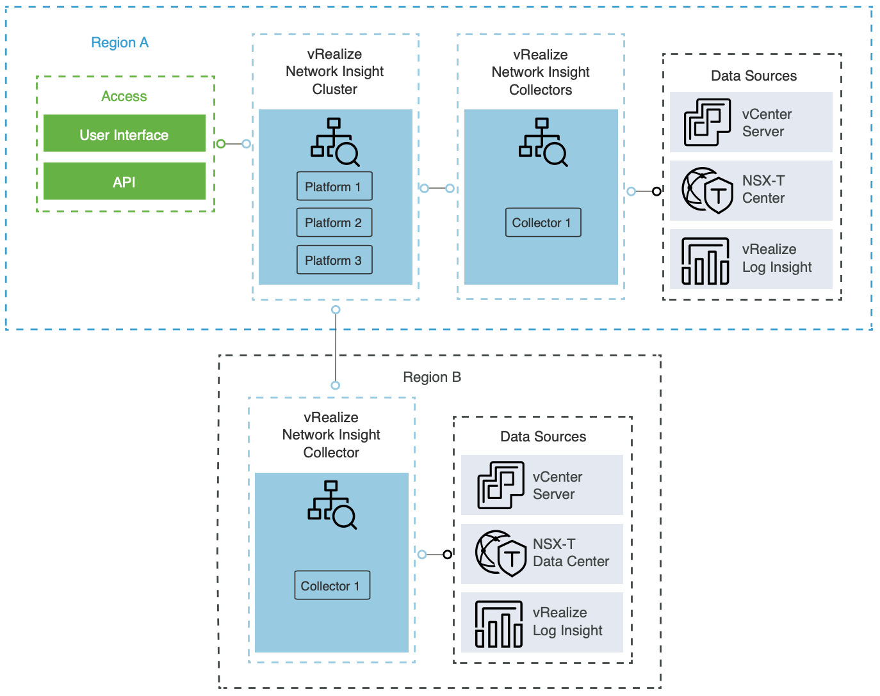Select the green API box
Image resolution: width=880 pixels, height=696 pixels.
coord(124,182)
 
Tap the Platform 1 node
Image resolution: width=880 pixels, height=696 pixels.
coord(334,186)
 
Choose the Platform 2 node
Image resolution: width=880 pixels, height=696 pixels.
coord(334,223)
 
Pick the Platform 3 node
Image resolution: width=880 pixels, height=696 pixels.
coord(334,260)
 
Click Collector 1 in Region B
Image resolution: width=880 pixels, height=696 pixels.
coord(332,585)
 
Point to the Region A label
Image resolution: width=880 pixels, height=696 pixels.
coord(120,43)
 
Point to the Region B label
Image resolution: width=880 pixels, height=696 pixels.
coord(432,377)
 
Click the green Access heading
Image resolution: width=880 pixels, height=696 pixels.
coord(124,97)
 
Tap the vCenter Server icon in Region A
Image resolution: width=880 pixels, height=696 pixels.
coord(707,122)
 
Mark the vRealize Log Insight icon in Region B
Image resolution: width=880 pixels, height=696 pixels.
coord(499,624)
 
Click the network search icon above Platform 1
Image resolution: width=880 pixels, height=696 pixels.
coord(334,141)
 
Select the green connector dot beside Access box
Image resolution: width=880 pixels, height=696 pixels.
coord(221,144)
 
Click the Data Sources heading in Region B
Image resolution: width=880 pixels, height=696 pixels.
coord(543,437)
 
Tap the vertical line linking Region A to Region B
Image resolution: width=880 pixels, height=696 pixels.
coord(336,348)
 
